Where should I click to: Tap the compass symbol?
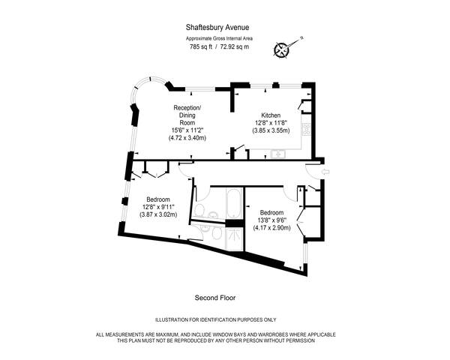tap(282, 50)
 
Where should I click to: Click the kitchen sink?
tap(277, 154)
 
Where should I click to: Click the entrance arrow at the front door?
tap(322, 172)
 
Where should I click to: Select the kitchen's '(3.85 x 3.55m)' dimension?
tap(271, 130)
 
